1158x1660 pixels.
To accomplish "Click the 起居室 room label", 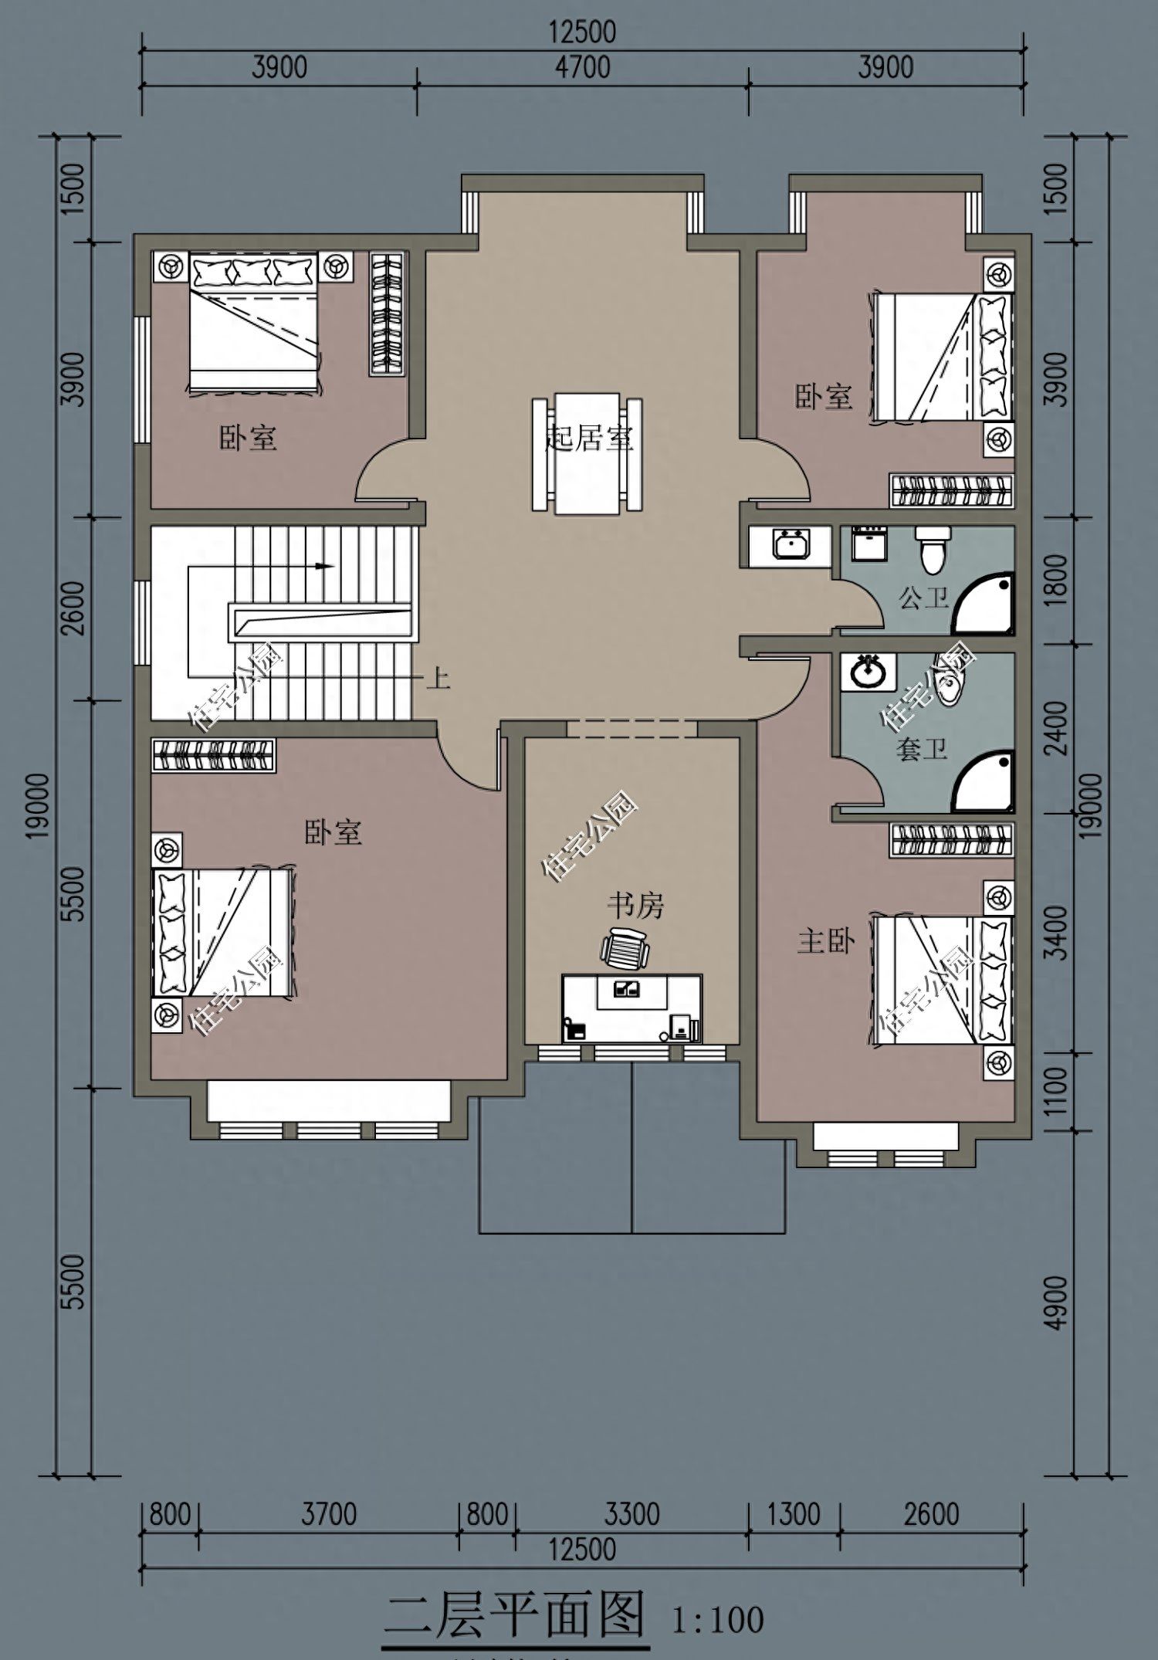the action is (x=589, y=438).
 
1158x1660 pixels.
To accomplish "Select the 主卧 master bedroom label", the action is (x=826, y=941).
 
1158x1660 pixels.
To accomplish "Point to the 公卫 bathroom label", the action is (x=924, y=597).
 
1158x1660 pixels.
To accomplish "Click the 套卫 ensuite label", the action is (x=922, y=748).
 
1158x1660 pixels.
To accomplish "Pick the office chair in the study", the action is (x=625, y=947).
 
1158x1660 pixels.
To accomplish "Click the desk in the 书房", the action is (x=632, y=1008).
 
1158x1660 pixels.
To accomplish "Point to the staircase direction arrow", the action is (x=262, y=566).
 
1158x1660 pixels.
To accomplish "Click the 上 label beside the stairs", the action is (x=438, y=679).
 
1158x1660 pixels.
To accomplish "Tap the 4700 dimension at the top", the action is (x=583, y=67).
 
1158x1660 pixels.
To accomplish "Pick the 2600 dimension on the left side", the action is (x=75, y=608).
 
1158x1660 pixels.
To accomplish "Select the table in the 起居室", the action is (x=587, y=453).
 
